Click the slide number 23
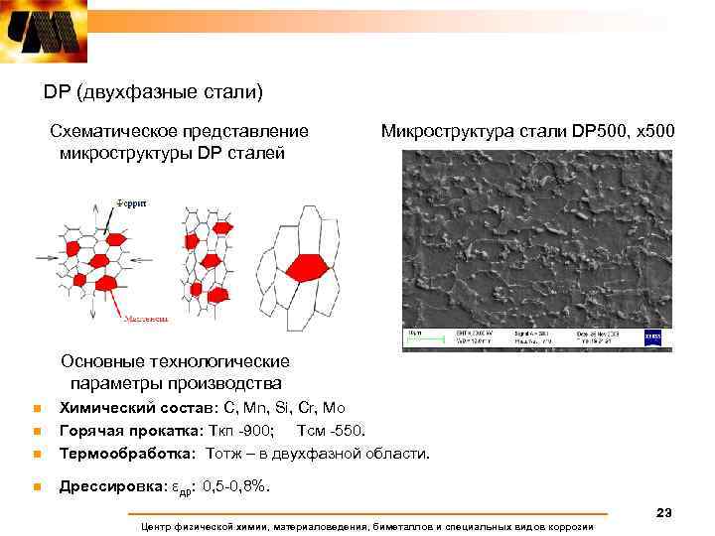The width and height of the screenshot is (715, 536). (664, 512)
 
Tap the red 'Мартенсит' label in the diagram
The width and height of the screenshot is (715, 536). (145, 320)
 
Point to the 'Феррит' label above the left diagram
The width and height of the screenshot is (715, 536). (130, 202)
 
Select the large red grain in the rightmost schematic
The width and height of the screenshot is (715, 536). (304, 267)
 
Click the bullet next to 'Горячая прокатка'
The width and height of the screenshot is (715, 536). (34, 432)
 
